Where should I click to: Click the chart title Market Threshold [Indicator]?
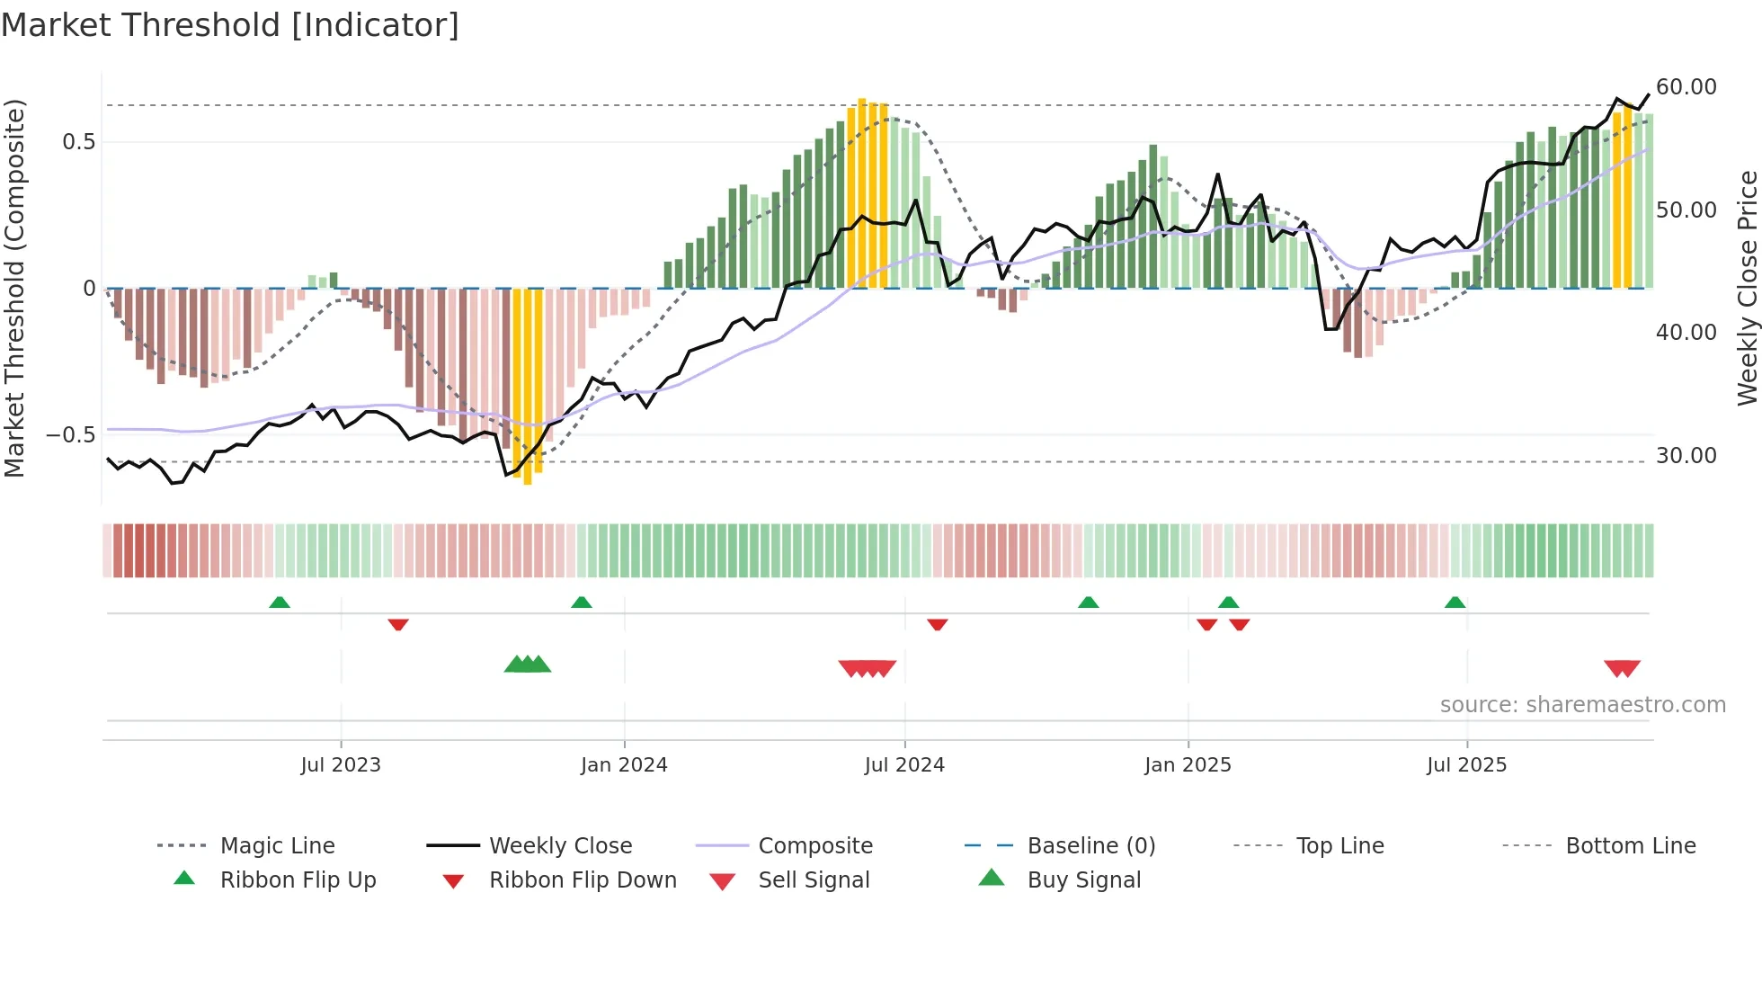[230, 25]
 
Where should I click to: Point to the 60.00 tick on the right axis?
[1686, 87]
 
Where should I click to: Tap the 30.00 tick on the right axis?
[1686, 456]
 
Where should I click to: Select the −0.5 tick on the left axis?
[70, 435]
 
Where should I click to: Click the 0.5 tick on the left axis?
[78, 142]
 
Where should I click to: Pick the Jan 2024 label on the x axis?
[624, 765]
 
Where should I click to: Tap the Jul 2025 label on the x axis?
[1466, 765]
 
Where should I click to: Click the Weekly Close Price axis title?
[1747, 288]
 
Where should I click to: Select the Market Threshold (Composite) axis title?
[14, 288]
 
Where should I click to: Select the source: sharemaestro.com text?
[1582, 705]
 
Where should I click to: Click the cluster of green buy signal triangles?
[527, 665]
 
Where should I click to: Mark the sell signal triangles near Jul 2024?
[867, 668]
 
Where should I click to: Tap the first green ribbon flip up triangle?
[280, 603]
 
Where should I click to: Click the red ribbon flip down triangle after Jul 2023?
[398, 624]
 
